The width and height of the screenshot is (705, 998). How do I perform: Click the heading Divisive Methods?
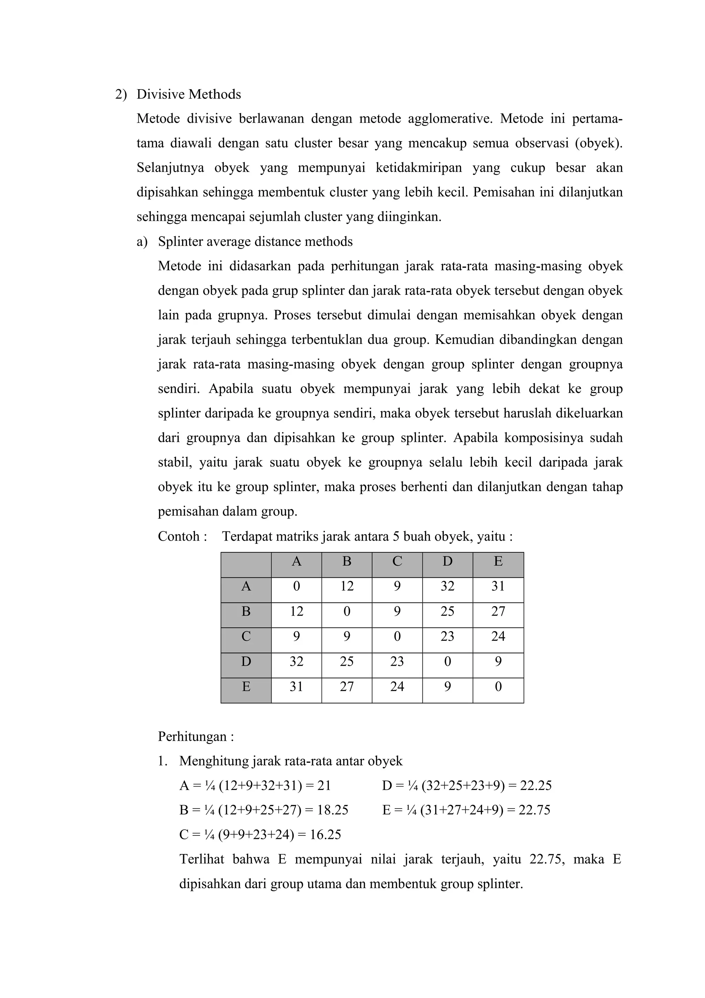(189, 94)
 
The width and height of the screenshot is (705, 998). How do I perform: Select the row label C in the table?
(246, 637)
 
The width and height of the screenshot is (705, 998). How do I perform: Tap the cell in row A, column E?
(498, 587)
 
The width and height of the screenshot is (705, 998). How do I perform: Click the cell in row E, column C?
(397, 687)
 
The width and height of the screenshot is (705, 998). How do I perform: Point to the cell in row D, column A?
(296, 662)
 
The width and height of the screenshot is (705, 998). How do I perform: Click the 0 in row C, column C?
(397, 637)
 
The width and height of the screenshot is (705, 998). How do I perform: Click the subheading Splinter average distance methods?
(255, 242)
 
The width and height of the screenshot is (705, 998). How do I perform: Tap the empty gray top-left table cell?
(246, 565)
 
